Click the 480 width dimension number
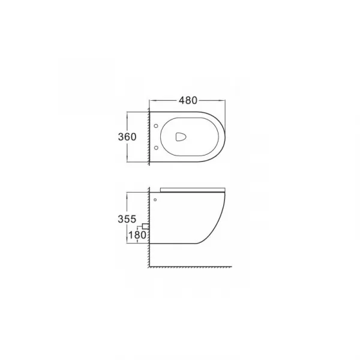[x=188, y=100]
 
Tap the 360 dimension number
[x=127, y=137]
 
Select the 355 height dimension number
[x=127, y=219]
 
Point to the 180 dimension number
[x=137, y=235]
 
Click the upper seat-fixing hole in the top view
[x=156, y=126]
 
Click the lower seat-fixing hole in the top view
[x=156, y=148]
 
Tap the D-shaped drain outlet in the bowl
[x=181, y=137]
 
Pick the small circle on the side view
[x=155, y=200]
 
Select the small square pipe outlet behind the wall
[x=145, y=226]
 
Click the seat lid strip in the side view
[x=193, y=190]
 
